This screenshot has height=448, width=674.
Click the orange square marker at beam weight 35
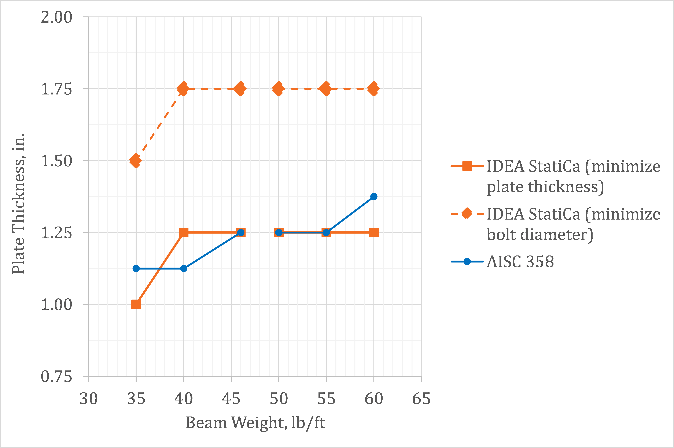[x=136, y=304]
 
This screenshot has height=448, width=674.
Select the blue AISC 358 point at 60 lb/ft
[x=374, y=197]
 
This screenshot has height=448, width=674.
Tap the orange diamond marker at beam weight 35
[x=136, y=161]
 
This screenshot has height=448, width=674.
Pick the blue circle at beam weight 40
[x=184, y=269]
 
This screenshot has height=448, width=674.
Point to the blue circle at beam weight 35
[x=136, y=269]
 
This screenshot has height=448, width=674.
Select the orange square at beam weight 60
[x=374, y=233]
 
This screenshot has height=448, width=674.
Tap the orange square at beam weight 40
[x=184, y=233]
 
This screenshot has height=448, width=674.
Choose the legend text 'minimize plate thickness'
[x=573, y=176]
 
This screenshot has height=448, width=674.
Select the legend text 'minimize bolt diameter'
[x=573, y=224]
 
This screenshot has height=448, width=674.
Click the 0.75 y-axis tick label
[x=56, y=377]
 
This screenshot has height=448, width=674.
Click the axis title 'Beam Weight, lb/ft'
[x=255, y=423]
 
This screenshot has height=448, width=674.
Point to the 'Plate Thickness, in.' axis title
[x=18, y=204]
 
